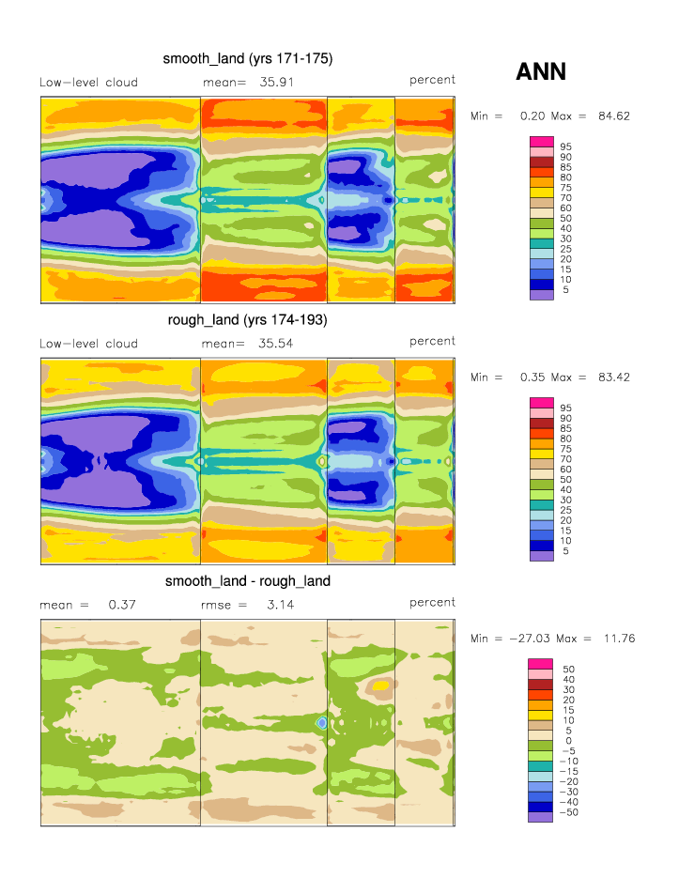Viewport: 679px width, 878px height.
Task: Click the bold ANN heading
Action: coord(541,72)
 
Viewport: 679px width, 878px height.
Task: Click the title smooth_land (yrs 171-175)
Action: coord(248,58)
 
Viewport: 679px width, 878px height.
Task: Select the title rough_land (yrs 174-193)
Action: coord(248,320)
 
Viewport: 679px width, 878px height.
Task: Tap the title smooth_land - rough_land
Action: coord(248,581)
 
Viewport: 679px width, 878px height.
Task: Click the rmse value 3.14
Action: coord(280,605)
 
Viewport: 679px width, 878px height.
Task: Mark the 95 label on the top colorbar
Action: coord(566,146)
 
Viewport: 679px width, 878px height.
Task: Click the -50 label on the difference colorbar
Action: coord(569,812)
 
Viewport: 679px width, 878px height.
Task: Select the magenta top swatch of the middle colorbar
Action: coord(542,402)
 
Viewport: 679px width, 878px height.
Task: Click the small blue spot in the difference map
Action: coord(322,723)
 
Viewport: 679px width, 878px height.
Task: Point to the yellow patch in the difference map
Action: coord(379,685)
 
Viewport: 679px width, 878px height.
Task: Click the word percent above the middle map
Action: coord(432,341)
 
